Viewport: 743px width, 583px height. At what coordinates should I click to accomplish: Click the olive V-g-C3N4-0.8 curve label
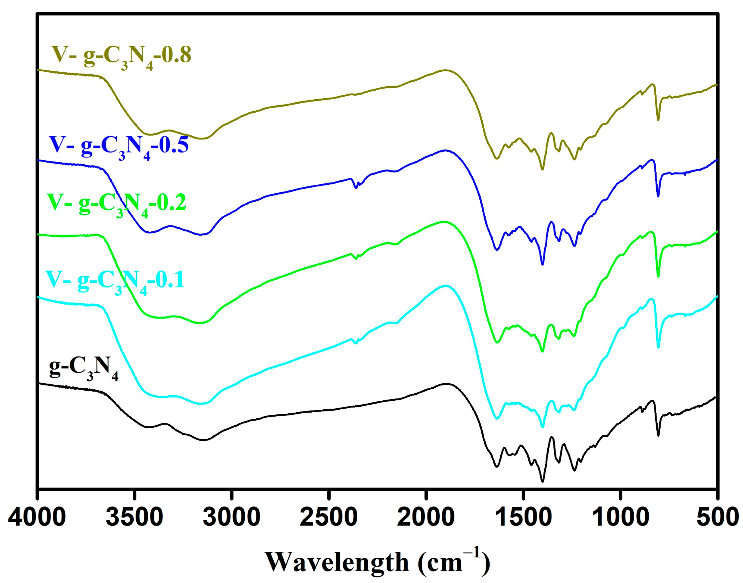121,56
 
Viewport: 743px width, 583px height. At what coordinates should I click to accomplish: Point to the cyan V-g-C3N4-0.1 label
115,281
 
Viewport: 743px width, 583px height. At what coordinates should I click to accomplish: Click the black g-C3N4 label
84,369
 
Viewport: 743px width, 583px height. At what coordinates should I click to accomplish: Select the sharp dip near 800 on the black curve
658,436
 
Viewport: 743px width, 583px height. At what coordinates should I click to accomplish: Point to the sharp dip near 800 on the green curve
658,276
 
